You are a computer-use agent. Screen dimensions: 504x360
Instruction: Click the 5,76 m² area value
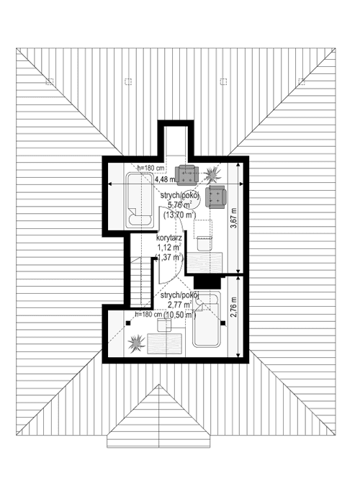(176, 204)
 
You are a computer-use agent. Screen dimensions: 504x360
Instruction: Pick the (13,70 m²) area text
(179, 215)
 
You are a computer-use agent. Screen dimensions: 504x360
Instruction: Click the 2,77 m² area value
(175, 305)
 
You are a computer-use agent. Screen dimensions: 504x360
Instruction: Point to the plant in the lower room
(135, 344)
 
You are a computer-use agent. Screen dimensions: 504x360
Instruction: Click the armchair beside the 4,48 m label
(188, 174)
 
